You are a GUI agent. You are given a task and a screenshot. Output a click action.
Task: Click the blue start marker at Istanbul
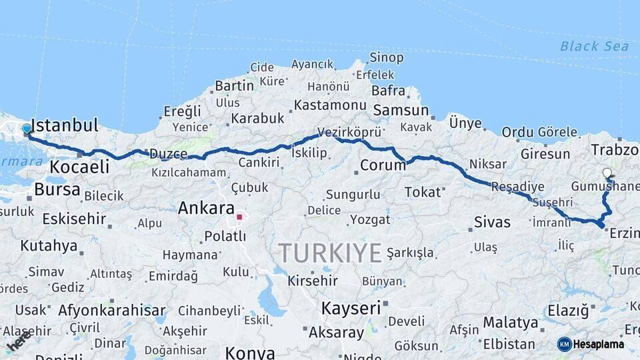[27, 129]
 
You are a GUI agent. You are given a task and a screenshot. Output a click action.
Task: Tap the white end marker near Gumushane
[607, 173]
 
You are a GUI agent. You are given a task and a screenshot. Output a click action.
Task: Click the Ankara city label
[206, 208]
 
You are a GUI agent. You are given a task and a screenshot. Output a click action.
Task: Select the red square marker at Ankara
[239, 217]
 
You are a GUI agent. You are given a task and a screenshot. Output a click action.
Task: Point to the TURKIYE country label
[330, 253]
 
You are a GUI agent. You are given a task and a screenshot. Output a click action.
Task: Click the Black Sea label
[594, 46]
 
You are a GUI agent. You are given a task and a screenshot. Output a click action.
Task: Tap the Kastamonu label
[330, 105]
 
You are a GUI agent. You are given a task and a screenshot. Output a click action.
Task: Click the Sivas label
[492, 222]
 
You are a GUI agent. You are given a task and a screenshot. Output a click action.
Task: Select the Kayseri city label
[351, 308]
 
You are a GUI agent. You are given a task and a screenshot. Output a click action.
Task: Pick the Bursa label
[57, 190]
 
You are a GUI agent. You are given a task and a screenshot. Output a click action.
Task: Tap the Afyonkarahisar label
[112, 310]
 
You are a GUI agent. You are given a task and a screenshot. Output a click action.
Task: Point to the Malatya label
[510, 323]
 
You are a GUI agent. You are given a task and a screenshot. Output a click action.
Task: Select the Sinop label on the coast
[387, 57]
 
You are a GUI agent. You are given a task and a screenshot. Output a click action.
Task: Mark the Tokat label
[423, 192]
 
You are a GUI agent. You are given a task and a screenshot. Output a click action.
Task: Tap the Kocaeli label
[79, 167]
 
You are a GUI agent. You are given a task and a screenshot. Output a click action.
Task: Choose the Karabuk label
[257, 118]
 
